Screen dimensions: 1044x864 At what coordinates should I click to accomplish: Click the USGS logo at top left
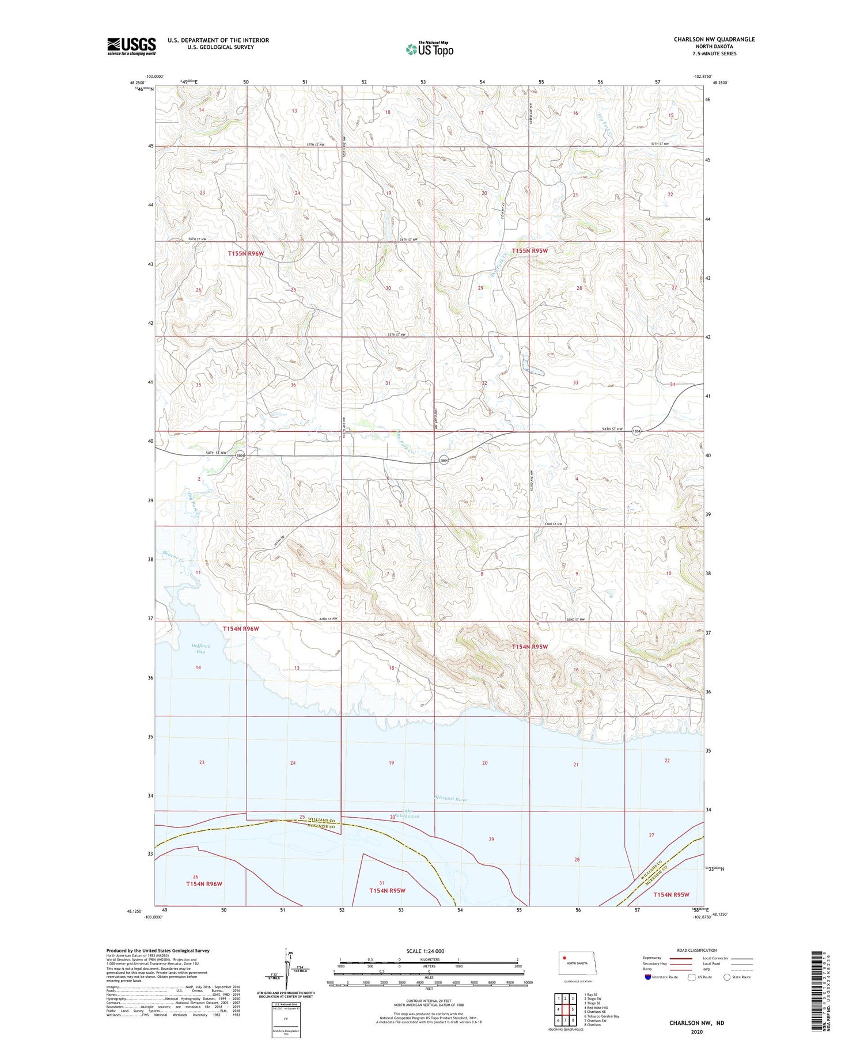click(x=131, y=46)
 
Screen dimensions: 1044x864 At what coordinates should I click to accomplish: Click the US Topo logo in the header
click(x=429, y=49)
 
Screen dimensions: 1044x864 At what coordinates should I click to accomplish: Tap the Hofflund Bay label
click(x=200, y=649)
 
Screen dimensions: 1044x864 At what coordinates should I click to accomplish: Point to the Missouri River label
click(x=451, y=799)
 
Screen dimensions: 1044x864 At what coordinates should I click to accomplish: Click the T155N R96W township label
click(x=245, y=253)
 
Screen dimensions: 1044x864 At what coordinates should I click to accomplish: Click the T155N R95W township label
click(x=530, y=251)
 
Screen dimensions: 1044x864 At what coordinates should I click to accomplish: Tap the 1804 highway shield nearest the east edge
click(x=636, y=431)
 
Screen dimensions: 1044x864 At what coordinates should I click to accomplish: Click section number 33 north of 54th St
click(x=575, y=382)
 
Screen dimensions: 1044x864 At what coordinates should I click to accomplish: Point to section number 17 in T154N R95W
click(x=481, y=667)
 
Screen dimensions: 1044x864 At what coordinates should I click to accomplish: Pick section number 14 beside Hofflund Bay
click(x=198, y=667)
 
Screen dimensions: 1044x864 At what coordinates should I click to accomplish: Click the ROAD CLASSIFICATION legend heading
click(x=697, y=950)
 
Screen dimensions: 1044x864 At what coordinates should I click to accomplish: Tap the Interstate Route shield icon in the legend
click(x=648, y=977)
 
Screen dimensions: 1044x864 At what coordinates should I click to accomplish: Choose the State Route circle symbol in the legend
click(x=727, y=977)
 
